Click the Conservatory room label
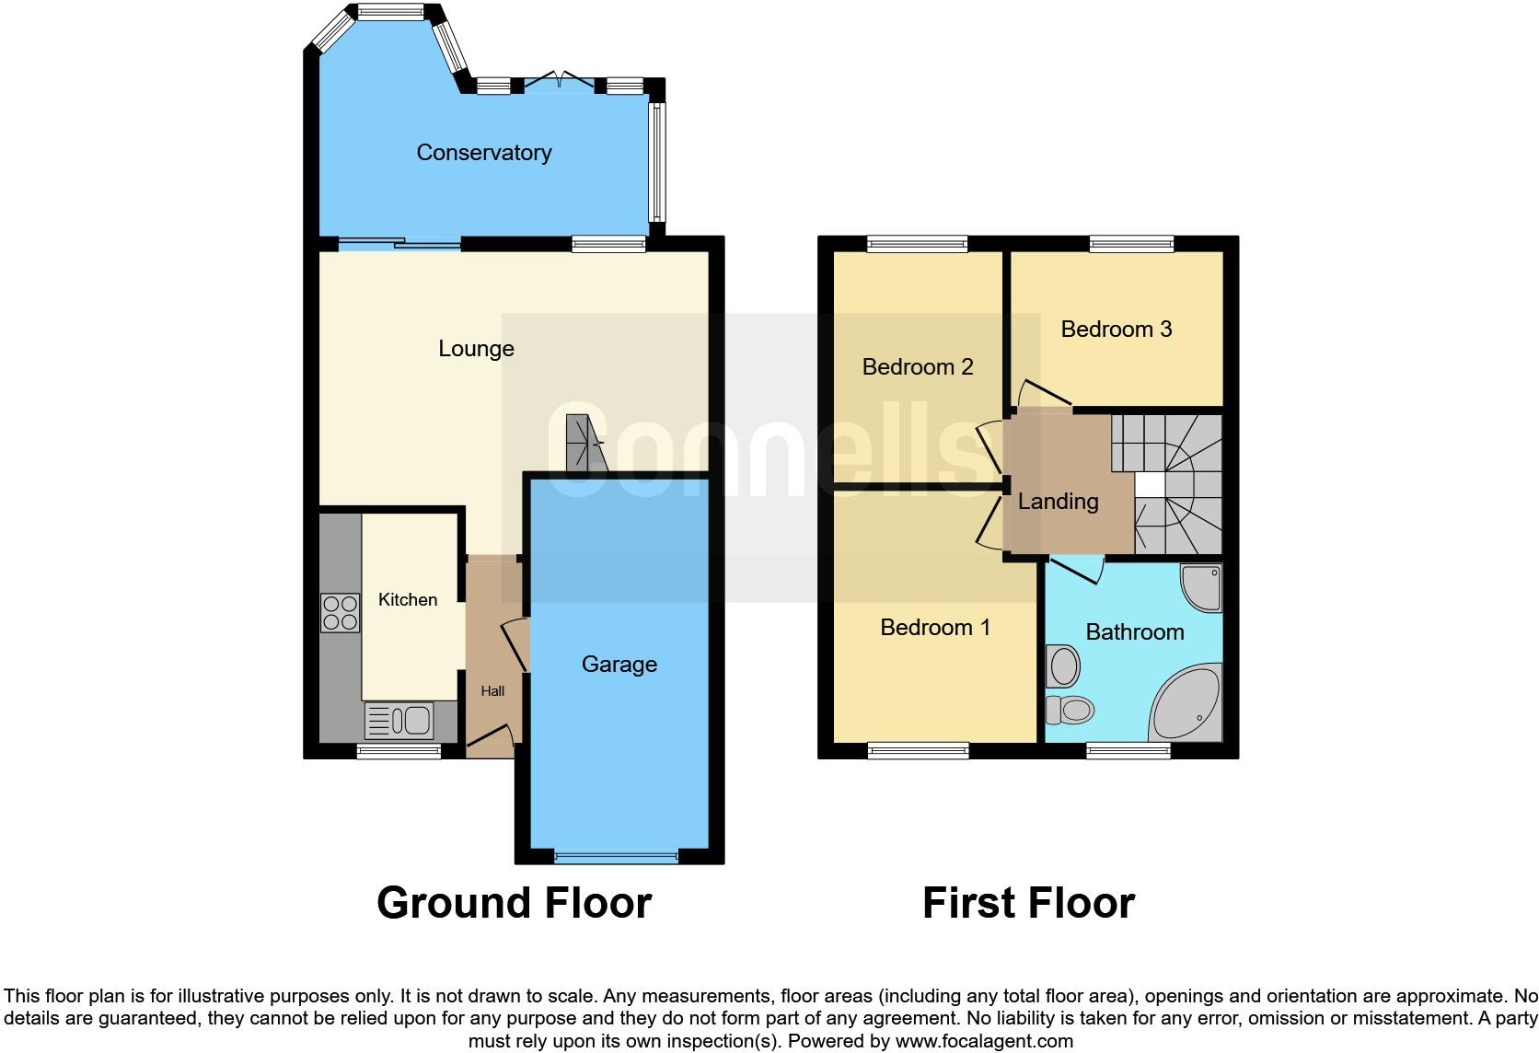click(483, 153)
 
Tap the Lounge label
click(476, 349)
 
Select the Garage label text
click(619, 665)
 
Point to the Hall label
click(492, 691)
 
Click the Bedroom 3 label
click(1116, 330)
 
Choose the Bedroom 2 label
click(917, 367)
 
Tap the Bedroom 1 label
click(934, 628)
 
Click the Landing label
click(1058, 502)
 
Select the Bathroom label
click(1134, 632)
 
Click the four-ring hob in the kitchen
click(340, 613)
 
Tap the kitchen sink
click(399, 721)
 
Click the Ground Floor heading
click(514, 903)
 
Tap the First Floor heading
click(1028, 903)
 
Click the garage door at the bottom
click(617, 857)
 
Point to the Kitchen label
click(408, 600)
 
